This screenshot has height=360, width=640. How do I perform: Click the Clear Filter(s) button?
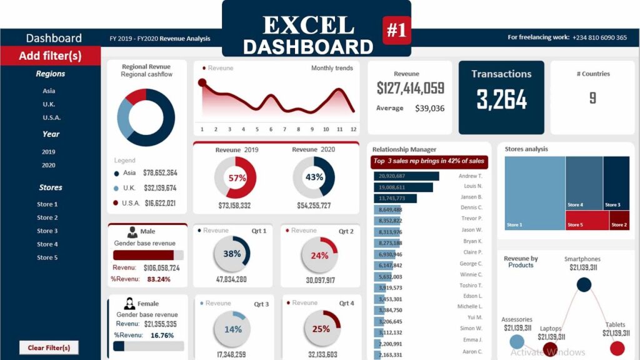pyautogui.click(x=49, y=347)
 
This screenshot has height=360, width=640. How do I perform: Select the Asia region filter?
pyautogui.click(x=49, y=91)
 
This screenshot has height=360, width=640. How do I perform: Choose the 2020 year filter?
pyautogui.click(x=49, y=166)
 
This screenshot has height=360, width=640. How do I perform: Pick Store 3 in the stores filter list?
pyautogui.click(x=47, y=231)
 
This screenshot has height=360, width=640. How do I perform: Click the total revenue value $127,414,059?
pyautogui.click(x=410, y=89)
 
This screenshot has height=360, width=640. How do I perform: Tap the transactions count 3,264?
pyautogui.click(x=501, y=99)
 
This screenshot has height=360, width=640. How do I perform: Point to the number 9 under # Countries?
pyautogui.click(x=592, y=97)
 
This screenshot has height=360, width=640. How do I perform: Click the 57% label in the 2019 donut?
pyautogui.click(x=237, y=177)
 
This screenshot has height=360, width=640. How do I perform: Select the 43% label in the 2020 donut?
pyautogui.click(x=314, y=177)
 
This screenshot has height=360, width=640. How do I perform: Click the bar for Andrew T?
pyautogui.click(x=406, y=176)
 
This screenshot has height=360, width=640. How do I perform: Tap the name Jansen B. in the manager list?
pyautogui.click(x=471, y=197)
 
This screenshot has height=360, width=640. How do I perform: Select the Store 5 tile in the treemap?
pyautogui.click(x=587, y=220)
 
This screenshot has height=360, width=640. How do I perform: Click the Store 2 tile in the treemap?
pyautogui.click(x=619, y=220)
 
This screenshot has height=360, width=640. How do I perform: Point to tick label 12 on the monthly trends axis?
pyautogui.click(x=353, y=129)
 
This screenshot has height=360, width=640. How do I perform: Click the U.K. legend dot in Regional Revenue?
pyautogui.click(x=117, y=188)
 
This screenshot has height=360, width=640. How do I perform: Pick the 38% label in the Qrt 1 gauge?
pyautogui.click(x=232, y=254)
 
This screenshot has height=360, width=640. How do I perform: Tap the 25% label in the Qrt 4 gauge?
pyautogui.click(x=321, y=329)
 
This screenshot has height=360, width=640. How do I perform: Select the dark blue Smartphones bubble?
pyautogui.click(x=584, y=285)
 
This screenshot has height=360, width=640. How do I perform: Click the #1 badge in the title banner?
pyautogui.click(x=396, y=31)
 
